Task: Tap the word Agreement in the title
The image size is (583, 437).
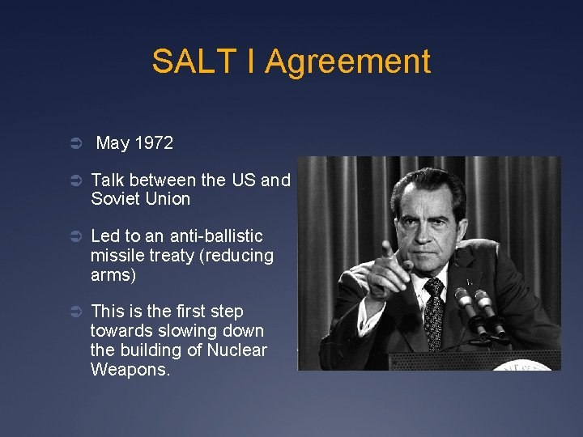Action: click(x=348, y=62)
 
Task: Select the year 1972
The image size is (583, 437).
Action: click(x=154, y=143)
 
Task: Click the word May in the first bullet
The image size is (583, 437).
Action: click(x=113, y=143)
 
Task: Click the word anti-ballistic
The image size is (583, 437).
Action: click(x=216, y=236)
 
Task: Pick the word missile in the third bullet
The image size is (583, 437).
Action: click(x=115, y=256)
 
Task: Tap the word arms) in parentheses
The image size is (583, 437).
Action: click(x=113, y=275)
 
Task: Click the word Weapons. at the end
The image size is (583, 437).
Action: click(x=131, y=370)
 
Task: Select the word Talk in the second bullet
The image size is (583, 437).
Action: click(x=109, y=180)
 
